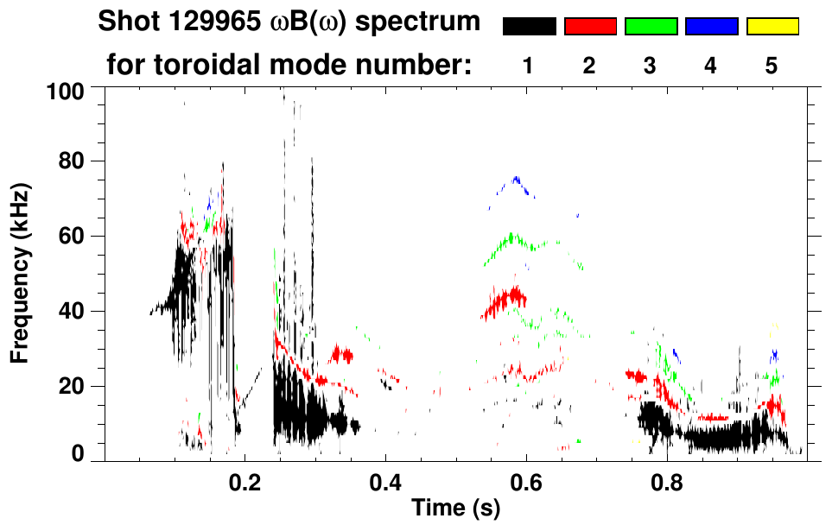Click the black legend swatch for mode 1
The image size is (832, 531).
click(529, 27)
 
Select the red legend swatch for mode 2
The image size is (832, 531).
click(590, 27)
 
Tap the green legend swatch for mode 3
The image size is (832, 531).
click(651, 27)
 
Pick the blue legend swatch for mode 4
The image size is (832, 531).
click(711, 27)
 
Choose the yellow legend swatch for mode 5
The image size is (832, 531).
click(772, 27)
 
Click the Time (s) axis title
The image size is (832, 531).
click(454, 509)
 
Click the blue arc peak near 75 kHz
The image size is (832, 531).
click(517, 179)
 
